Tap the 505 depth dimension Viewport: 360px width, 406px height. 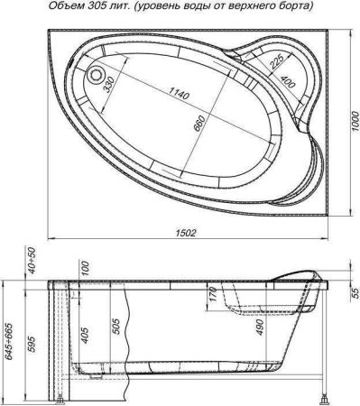115,326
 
